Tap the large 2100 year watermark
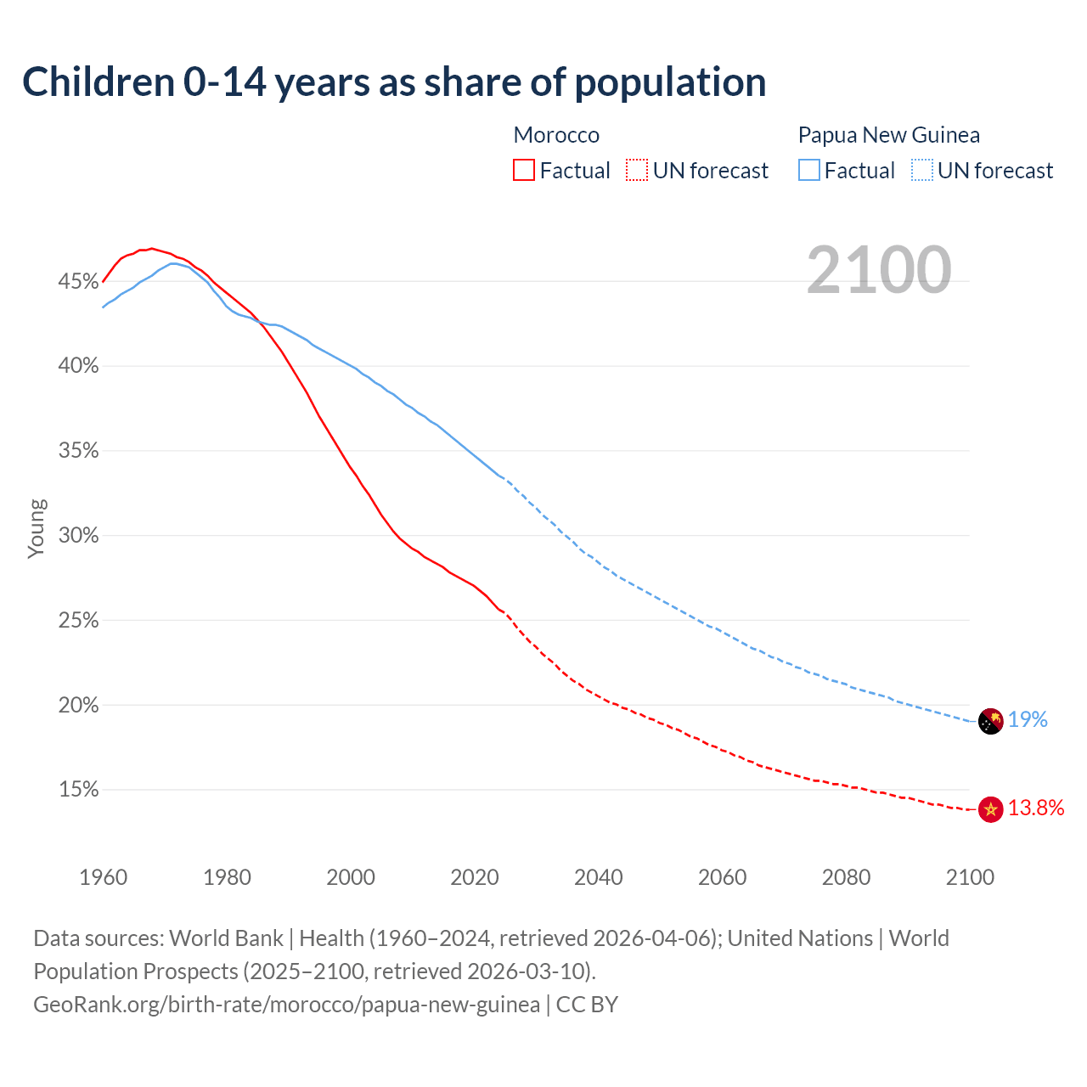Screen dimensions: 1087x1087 click(878, 270)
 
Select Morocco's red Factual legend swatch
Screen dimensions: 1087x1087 click(524, 171)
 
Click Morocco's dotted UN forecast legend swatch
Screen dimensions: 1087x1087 click(637, 171)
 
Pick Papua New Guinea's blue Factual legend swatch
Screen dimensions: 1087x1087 click(809, 171)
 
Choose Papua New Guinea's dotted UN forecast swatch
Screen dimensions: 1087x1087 click(922, 171)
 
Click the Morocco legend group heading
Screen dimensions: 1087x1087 click(556, 135)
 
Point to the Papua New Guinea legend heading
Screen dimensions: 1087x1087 click(888, 135)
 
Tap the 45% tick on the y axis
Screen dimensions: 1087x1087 click(79, 281)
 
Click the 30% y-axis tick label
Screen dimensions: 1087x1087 click(79, 536)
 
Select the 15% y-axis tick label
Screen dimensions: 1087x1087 click(79, 790)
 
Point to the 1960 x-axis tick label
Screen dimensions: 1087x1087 click(104, 877)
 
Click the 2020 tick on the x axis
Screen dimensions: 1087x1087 click(475, 877)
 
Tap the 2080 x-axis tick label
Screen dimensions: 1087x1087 click(846, 877)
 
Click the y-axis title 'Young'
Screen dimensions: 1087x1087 click(37, 528)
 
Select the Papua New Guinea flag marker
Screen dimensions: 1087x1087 click(990, 721)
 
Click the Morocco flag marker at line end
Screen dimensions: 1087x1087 click(990, 809)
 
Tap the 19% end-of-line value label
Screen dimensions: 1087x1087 click(1028, 720)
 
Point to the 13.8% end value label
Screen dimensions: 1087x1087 click(1036, 808)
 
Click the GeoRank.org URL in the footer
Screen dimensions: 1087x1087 click(286, 1005)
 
